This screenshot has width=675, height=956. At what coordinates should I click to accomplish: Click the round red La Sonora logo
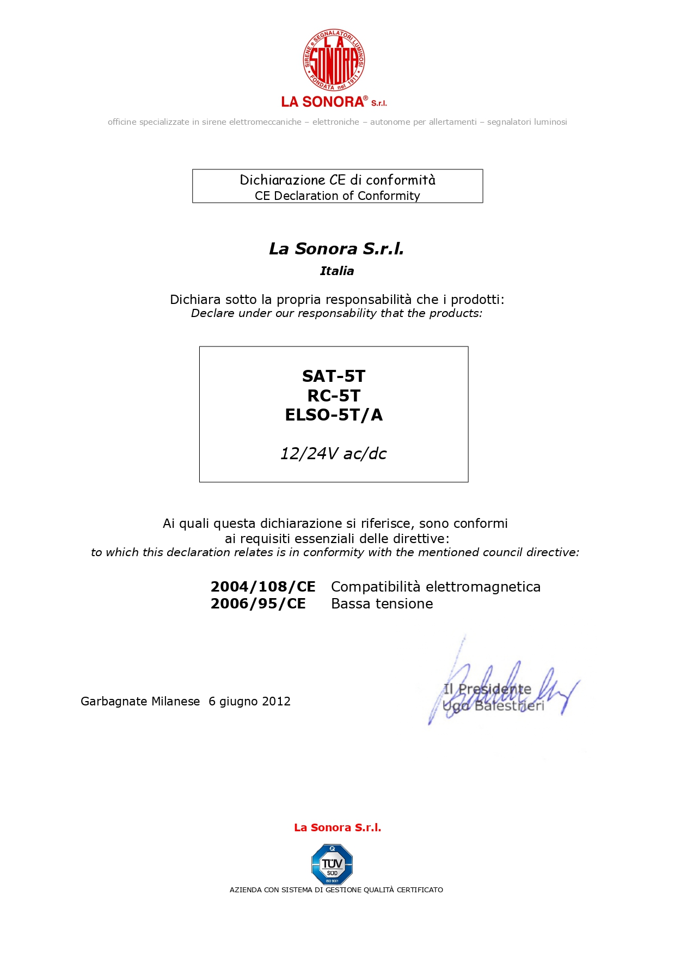click(334, 60)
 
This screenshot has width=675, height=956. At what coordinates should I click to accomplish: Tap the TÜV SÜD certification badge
click(332, 864)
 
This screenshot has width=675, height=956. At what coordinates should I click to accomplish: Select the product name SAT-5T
click(334, 376)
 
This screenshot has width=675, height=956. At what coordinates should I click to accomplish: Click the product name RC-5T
click(334, 396)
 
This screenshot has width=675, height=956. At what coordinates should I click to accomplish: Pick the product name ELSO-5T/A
click(334, 415)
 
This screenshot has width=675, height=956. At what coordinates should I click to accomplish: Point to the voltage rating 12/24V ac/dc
click(333, 454)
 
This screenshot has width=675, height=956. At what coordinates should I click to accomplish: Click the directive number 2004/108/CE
click(263, 587)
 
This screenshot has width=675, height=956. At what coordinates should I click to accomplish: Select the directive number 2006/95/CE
click(258, 604)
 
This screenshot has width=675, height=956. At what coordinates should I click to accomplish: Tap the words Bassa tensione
click(382, 604)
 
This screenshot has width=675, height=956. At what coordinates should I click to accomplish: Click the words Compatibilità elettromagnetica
click(435, 587)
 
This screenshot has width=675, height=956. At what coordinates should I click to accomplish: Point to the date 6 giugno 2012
click(249, 702)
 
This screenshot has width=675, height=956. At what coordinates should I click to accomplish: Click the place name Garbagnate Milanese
click(140, 702)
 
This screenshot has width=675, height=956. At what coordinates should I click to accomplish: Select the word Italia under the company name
click(337, 271)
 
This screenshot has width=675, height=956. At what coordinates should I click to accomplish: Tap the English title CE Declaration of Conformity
click(337, 196)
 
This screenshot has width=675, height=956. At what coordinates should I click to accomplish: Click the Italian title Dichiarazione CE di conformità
click(337, 180)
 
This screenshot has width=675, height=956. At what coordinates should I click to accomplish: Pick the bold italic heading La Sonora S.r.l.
click(336, 249)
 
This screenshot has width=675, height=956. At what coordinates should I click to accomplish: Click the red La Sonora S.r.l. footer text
click(337, 827)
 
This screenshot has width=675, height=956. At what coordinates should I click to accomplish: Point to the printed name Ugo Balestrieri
click(493, 706)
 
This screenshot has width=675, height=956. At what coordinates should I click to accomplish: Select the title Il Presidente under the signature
click(487, 689)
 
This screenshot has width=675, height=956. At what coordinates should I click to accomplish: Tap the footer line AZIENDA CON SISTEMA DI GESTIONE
click(336, 890)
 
